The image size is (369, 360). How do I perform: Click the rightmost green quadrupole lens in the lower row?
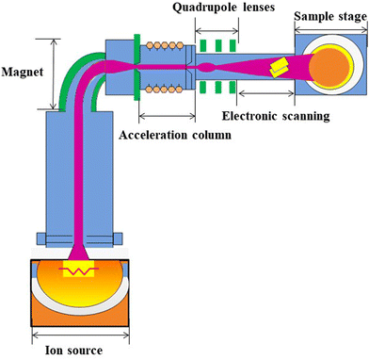[x=244, y=91]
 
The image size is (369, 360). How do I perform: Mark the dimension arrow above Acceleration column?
[x=167, y=115]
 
